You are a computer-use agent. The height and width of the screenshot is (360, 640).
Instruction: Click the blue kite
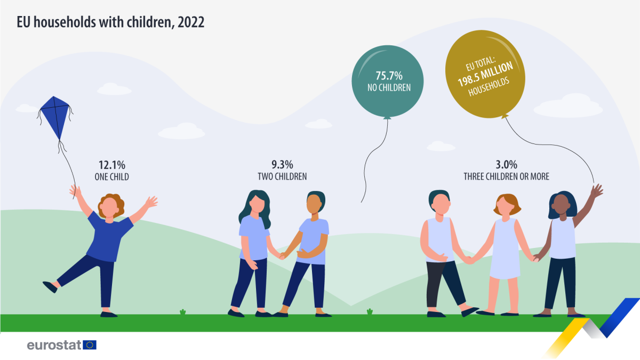coord(55,117)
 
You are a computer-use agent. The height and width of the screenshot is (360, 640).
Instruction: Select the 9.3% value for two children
coord(282,165)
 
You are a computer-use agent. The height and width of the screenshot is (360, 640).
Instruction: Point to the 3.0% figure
coord(506,165)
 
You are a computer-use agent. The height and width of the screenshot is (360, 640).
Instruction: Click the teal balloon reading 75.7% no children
coord(388,80)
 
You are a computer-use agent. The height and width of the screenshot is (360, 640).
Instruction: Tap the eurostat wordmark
coord(54,345)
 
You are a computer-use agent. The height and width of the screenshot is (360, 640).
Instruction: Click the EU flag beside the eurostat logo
coord(90,345)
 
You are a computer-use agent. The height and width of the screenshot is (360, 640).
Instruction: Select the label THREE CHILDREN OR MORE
coord(506,177)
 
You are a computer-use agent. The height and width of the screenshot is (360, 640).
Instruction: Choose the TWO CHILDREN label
coord(282,177)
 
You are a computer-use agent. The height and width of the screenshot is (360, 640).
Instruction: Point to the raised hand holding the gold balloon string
coord(596,190)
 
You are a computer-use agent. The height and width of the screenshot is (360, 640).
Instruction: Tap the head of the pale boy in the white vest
coord(441,202)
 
